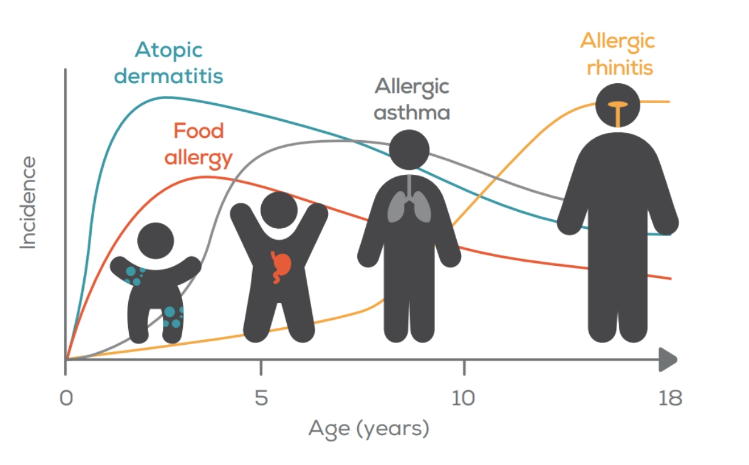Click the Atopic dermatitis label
169,63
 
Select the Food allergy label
198,144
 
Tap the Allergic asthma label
411,99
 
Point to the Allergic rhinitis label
617,53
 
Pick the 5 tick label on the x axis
261,399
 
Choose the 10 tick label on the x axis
463,399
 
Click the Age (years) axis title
369,429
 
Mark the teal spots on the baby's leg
173,316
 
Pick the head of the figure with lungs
409,150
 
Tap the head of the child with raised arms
279,211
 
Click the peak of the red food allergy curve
207,177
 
